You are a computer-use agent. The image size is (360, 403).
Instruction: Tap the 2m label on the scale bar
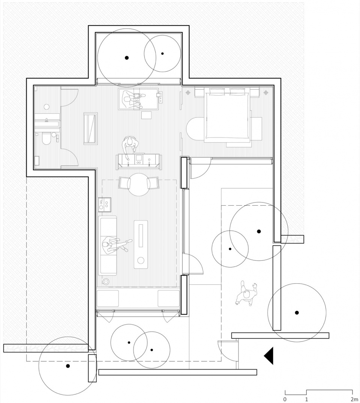tap(355, 399)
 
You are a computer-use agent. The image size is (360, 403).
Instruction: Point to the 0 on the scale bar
tap(285, 399)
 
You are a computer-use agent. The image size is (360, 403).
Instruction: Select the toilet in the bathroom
tap(46, 139)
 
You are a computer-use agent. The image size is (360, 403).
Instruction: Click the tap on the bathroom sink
tap(47, 120)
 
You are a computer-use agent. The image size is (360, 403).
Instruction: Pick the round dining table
tap(139, 185)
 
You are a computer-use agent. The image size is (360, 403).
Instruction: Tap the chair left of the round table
tap(123, 183)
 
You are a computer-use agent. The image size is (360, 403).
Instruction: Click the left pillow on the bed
tap(217, 91)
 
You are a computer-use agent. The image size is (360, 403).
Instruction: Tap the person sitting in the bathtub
tap(133, 99)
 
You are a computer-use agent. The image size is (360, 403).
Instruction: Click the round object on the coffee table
tap(141, 261)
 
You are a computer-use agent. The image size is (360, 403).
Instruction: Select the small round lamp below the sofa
tap(105, 281)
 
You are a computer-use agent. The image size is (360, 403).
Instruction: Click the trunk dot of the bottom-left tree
tap(68, 366)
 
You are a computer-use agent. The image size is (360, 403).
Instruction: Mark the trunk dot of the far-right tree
tap(297, 313)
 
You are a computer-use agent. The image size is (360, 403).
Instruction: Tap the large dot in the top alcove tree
tap(127, 58)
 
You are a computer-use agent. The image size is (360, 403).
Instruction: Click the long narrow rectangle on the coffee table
tap(141, 236)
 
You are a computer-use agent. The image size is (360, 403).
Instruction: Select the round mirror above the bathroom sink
tap(46, 107)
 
